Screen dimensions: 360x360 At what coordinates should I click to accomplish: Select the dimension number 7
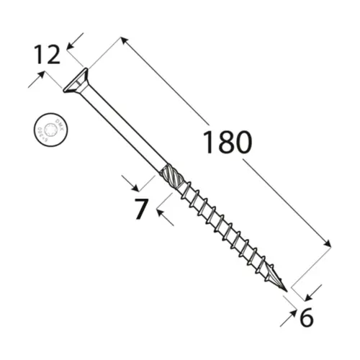[141, 209]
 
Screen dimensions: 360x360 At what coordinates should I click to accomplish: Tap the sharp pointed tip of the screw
[286, 291]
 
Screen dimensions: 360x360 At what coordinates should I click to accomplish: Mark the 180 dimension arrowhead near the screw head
[124, 42]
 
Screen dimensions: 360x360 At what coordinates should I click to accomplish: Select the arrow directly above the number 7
[127, 179]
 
